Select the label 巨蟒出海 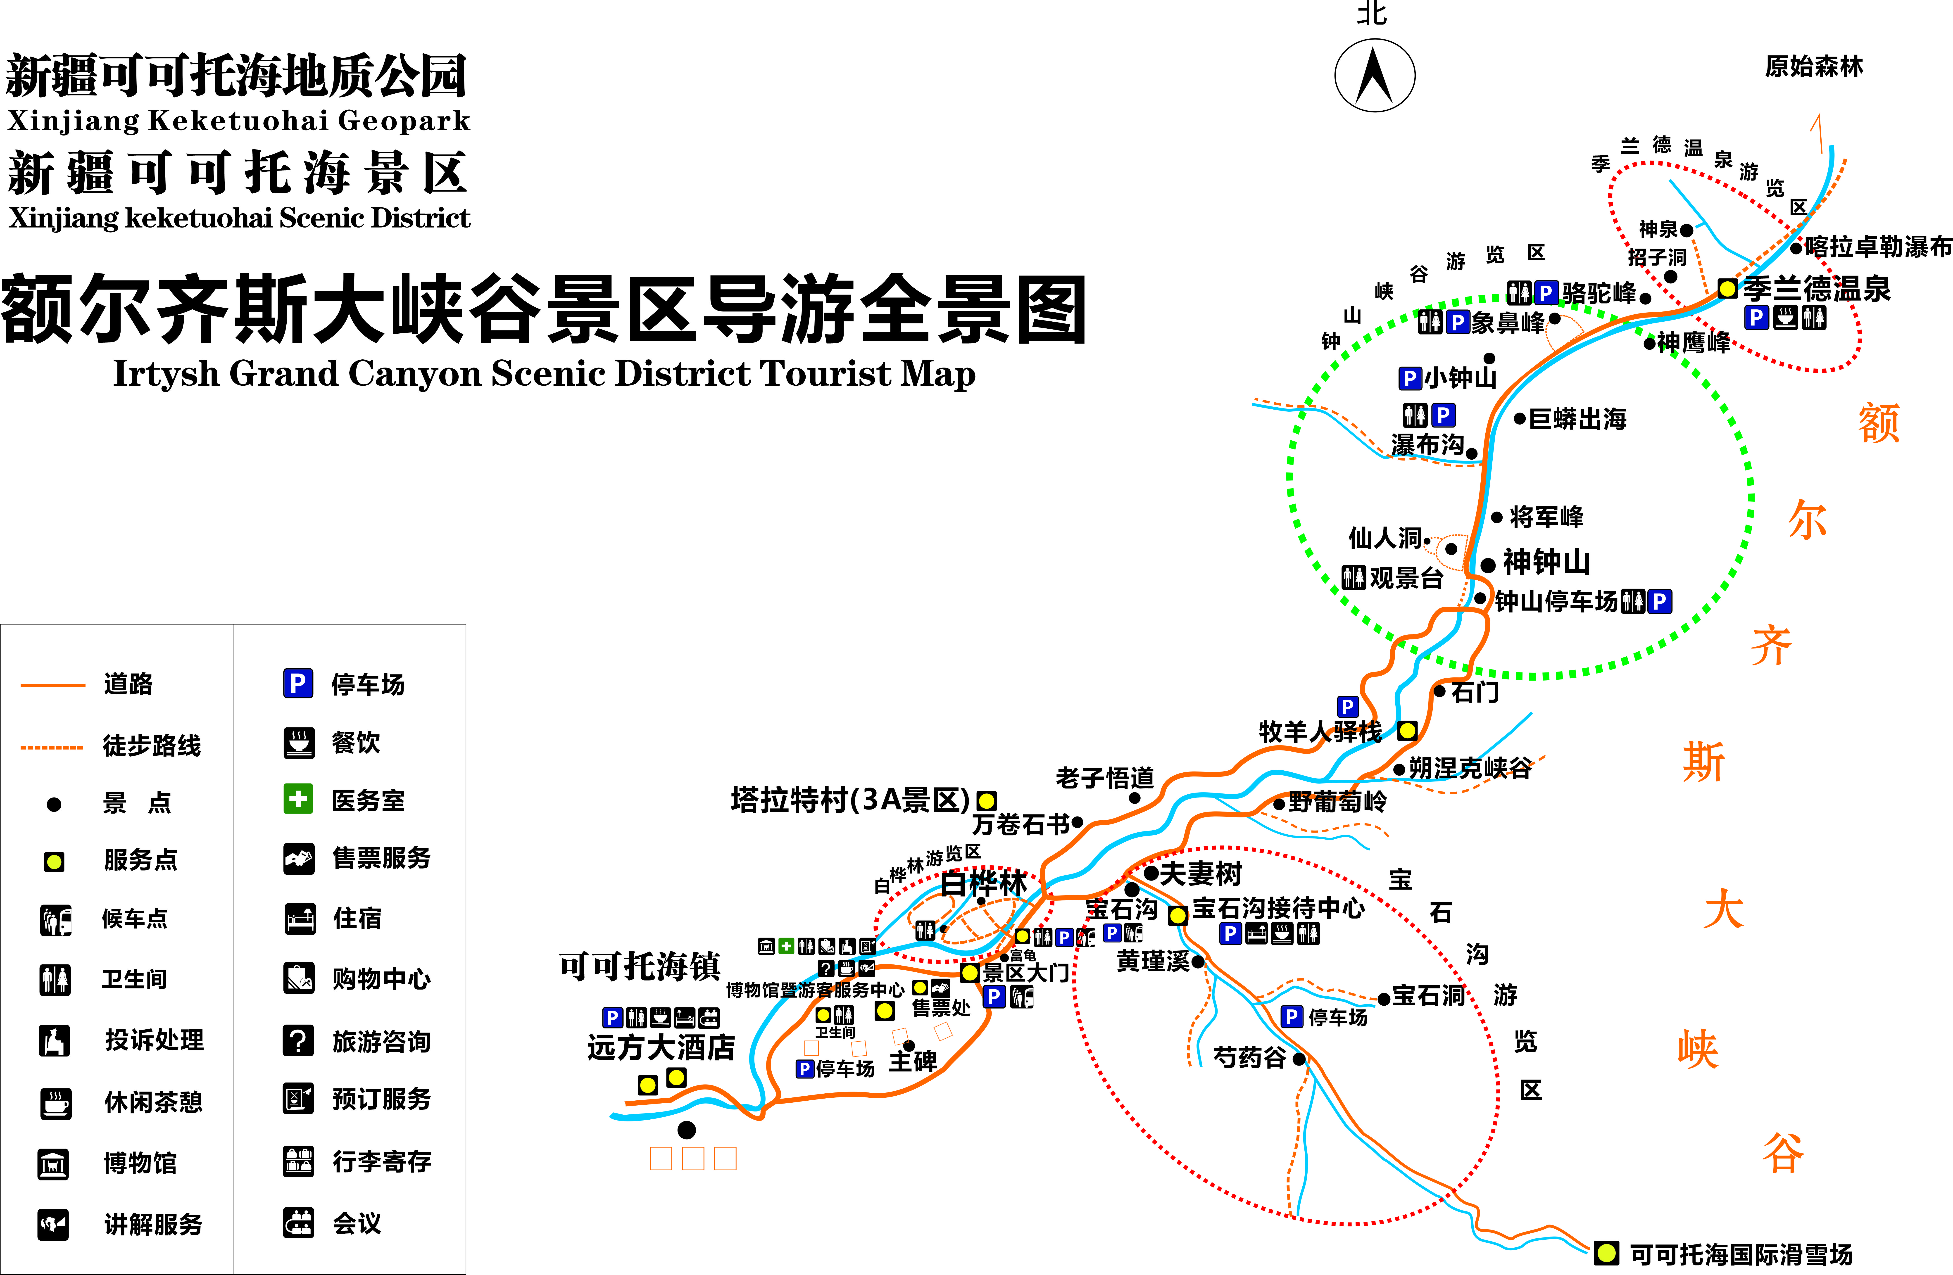click(1577, 419)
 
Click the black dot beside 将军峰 click(1497, 517)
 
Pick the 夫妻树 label click(1201, 874)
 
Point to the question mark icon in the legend click(298, 1040)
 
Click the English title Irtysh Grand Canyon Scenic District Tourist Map click(544, 373)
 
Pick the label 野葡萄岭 click(1337, 802)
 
